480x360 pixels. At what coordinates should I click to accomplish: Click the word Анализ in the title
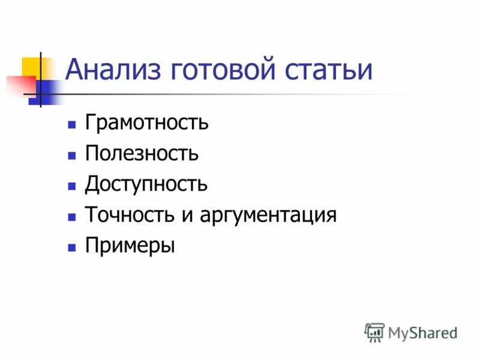[x=112, y=70]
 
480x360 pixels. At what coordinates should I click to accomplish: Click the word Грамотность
[x=146, y=123]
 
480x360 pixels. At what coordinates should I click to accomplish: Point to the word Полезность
[x=142, y=154]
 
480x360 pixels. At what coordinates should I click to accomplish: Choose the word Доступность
[x=146, y=184]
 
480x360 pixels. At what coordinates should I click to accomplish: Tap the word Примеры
[x=130, y=245]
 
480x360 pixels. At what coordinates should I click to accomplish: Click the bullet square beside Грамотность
[x=72, y=125]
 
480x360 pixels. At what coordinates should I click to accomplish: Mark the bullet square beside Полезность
[x=72, y=155]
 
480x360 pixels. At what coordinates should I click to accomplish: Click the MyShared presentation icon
[x=374, y=332]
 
